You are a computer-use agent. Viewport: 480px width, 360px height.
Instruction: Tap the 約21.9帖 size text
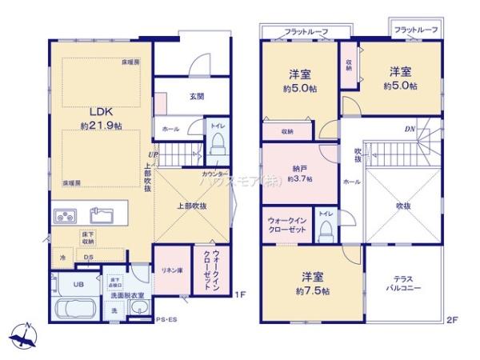pos(101,126)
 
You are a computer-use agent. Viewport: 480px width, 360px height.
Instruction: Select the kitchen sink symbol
pos(102,215)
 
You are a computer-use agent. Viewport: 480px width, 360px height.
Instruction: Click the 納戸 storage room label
pos(300,168)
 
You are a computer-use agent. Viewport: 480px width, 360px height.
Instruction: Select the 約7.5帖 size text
pos(307,290)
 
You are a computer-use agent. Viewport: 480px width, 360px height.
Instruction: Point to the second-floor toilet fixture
pos(325,230)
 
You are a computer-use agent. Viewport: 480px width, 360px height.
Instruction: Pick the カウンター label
pos(215,174)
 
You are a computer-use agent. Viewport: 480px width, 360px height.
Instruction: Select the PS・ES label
pos(166,322)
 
